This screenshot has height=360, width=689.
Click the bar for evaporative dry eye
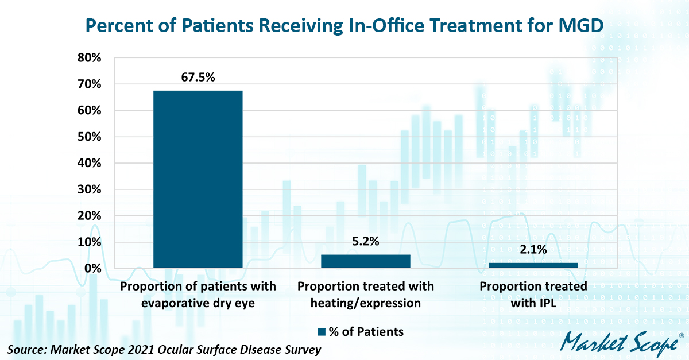click(x=198, y=179)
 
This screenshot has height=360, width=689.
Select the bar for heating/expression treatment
click(x=366, y=261)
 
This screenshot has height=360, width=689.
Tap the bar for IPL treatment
click(x=533, y=265)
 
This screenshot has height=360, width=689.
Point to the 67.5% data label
click(x=198, y=76)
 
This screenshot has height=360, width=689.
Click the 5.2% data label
click(x=366, y=242)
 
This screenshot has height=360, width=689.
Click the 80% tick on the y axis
click(x=90, y=58)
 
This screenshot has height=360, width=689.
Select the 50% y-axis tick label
click(x=90, y=137)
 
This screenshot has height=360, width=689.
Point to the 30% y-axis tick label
click(x=90, y=189)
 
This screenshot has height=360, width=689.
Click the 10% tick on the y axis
click(x=90, y=242)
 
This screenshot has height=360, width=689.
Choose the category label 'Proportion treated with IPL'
click(x=533, y=294)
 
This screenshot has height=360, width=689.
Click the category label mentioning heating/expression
click(x=366, y=294)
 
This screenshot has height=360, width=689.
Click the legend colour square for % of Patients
click(x=322, y=331)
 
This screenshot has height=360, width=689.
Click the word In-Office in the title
click(x=380, y=25)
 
